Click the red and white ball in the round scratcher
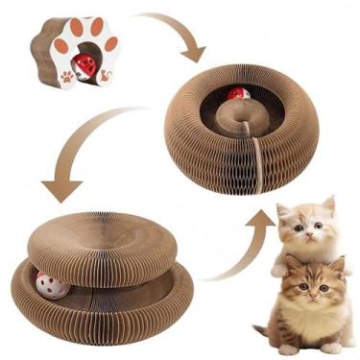tap(237, 96)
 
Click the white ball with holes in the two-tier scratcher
tap(47, 282)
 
